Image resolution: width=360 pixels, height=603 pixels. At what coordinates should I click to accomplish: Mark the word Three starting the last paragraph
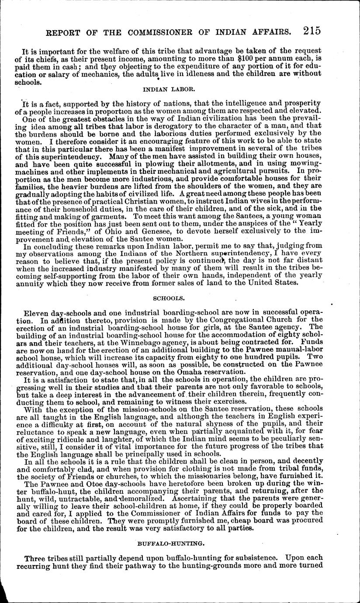[x=36, y=558]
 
